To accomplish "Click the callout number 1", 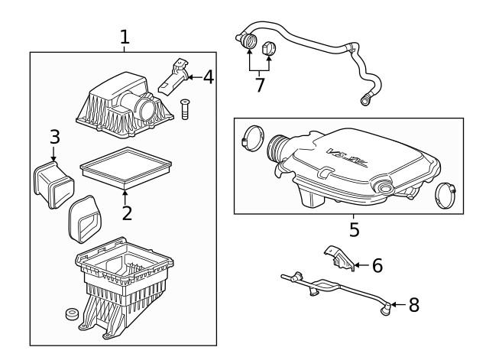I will point(125,36).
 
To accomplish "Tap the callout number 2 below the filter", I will point(127,212).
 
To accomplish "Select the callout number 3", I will point(54,138).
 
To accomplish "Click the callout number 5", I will point(354,228).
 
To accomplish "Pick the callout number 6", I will point(377,265).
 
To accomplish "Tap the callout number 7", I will point(260,85).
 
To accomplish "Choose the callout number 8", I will point(413,306).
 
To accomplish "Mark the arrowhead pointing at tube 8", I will point(395,306).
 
